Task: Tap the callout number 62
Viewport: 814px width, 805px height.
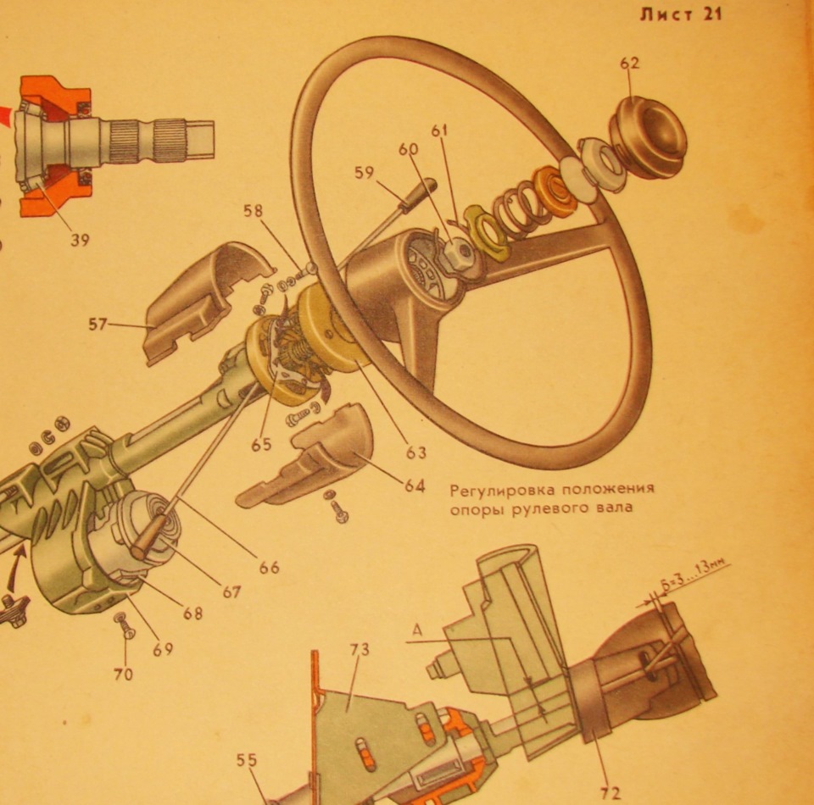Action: tap(630, 63)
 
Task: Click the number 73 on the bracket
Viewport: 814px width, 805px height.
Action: tap(360, 650)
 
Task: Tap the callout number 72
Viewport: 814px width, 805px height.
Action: tap(610, 793)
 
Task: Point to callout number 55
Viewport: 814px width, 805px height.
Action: tap(248, 762)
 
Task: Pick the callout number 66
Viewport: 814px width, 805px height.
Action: tap(269, 568)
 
